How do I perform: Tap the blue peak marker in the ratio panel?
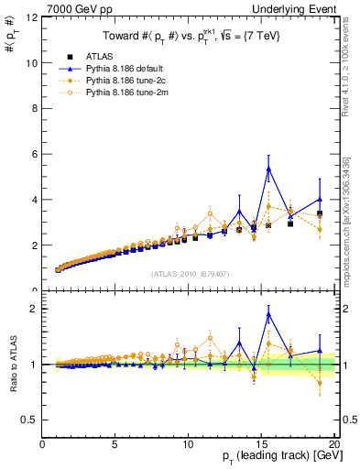pos(268,314)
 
